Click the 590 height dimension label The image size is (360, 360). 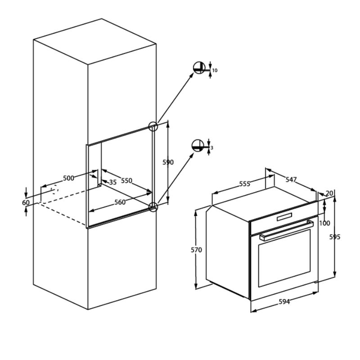click(168, 162)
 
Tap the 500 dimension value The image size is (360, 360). click(69, 178)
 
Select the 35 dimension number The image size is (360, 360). click(113, 182)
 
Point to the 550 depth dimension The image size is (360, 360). click(127, 181)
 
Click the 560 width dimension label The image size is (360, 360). click(120, 202)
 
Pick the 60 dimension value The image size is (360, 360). click(26, 203)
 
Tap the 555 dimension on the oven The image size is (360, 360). click(244, 184)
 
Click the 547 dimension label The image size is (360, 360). click(291, 180)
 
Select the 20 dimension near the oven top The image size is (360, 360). click(329, 193)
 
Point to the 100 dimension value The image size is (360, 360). click(324, 223)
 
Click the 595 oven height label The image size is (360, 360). click(335, 237)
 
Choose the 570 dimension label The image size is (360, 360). click(196, 250)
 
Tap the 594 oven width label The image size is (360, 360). click(284, 301)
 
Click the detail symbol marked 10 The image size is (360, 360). click(199, 68)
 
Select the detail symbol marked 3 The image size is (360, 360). click(198, 145)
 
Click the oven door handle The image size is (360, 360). click(287, 230)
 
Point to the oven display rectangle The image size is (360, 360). click(284, 216)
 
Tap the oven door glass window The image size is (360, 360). click(285, 258)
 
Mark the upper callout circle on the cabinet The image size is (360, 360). click(153, 126)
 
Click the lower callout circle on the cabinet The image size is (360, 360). click(153, 207)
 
